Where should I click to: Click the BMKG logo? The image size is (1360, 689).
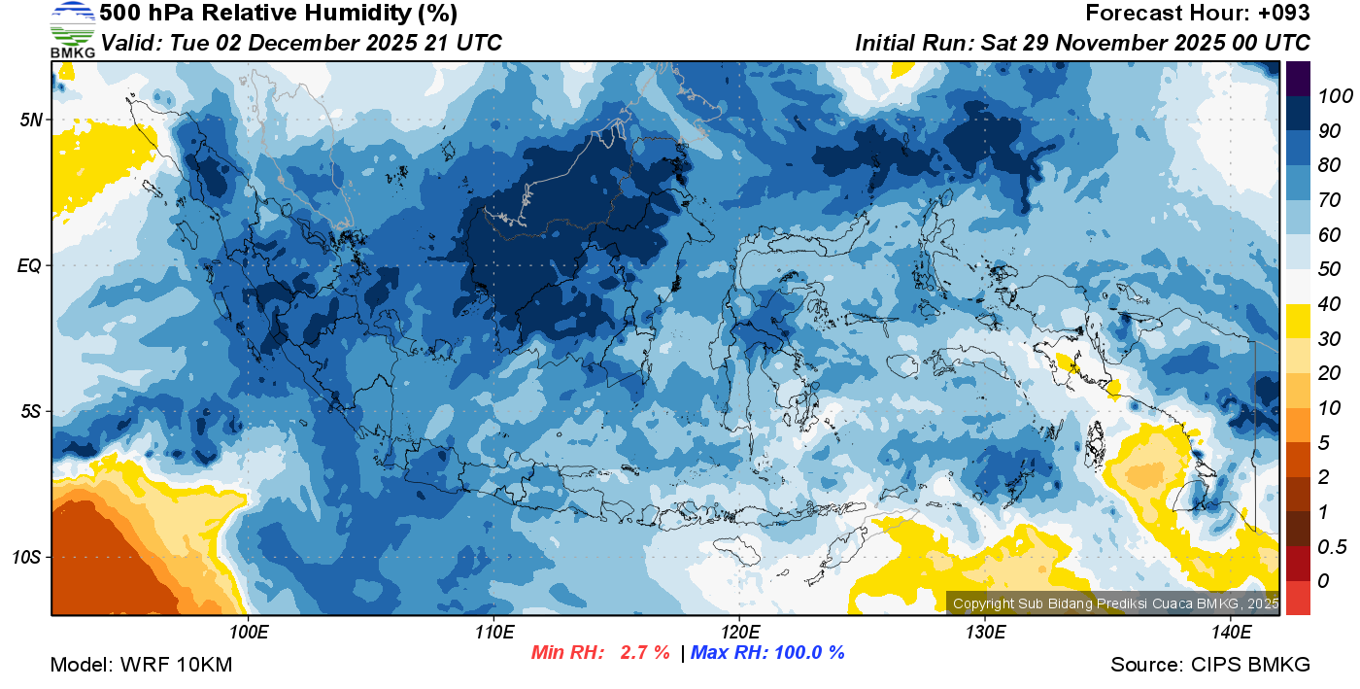point(73,29)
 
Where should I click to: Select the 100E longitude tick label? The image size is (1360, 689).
point(249,633)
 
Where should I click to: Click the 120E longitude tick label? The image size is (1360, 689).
point(739,633)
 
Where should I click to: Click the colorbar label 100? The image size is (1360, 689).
point(1329,96)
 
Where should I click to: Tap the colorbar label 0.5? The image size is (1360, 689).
point(1327,546)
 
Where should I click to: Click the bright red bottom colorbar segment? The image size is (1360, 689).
point(1298,598)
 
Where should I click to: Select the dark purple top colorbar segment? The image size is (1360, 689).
point(1298,79)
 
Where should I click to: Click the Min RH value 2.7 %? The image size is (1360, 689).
point(645,652)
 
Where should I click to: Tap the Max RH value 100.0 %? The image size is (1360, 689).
point(807,652)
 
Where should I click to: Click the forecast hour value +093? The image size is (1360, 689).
point(1283,14)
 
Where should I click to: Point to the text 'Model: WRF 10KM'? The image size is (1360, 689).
point(141,665)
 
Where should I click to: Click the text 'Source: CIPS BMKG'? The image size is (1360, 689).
point(1210,665)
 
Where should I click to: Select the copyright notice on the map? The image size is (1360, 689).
point(1115,603)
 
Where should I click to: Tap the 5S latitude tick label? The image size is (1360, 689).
point(29,411)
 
